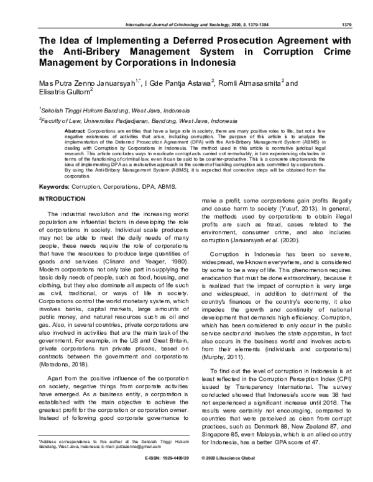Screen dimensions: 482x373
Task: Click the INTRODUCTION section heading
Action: [x=66, y=199]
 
